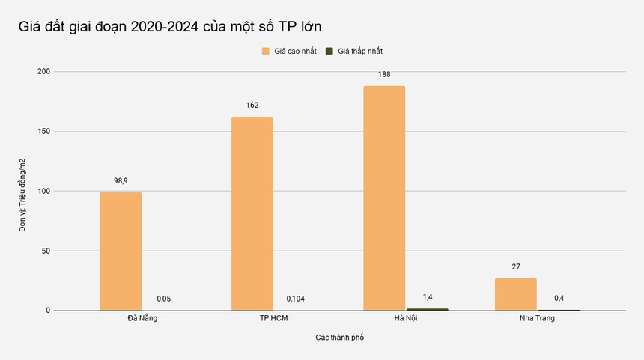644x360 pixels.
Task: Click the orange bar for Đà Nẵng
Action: click(121, 251)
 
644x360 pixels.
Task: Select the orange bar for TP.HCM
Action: click(252, 213)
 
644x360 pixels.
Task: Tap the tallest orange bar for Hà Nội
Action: click(384, 198)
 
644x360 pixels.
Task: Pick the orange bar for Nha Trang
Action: click(516, 294)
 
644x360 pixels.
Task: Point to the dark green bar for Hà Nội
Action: click(427, 309)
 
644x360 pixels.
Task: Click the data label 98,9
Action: click(121, 181)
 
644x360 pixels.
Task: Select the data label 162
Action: click(252, 106)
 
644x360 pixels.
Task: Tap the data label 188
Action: click(384, 75)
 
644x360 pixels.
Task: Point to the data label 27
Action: click(516, 267)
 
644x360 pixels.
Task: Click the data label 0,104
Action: click(296, 299)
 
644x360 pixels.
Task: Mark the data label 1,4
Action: click(427, 297)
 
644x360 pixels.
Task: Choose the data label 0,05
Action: click(164, 299)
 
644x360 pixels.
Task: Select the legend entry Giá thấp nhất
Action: click(360, 51)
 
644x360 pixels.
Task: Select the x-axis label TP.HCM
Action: click(274, 318)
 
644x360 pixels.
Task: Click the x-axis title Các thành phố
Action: click(339, 338)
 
